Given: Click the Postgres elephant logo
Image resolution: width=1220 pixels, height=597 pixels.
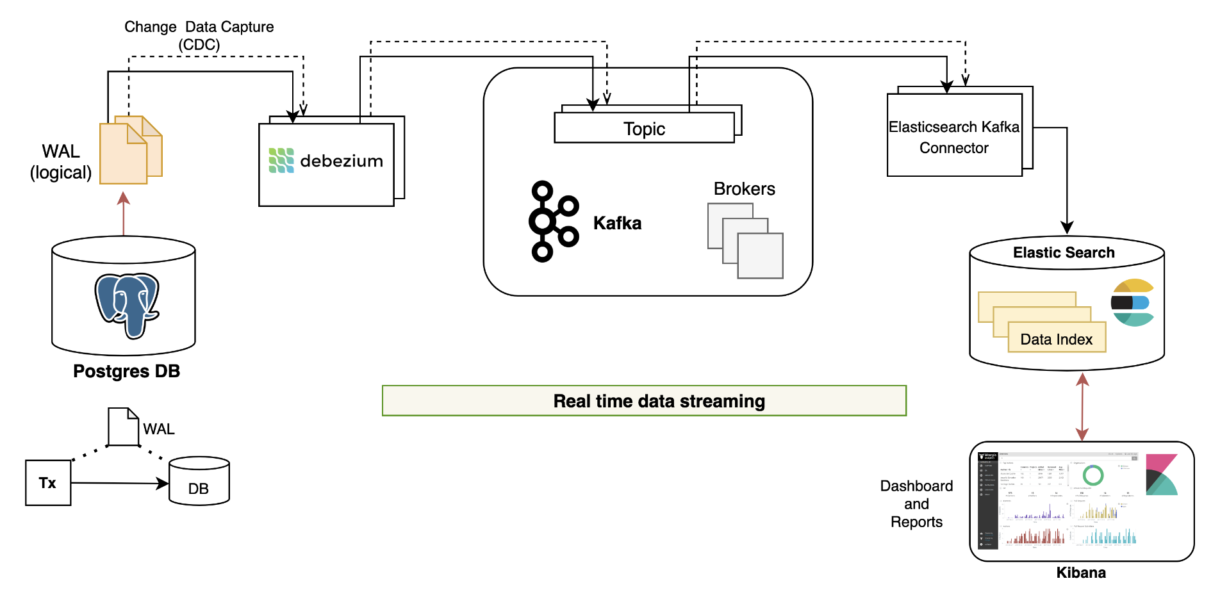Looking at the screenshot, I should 127,305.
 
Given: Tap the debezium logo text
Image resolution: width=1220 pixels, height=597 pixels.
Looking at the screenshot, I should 341,161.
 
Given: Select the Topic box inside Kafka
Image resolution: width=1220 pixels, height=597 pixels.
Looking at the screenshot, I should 644,128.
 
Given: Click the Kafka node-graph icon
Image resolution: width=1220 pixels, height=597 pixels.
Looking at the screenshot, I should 552,221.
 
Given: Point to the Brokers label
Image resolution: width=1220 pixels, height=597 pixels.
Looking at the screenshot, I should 744,189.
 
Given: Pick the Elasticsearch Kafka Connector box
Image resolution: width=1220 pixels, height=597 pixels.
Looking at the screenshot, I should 954,136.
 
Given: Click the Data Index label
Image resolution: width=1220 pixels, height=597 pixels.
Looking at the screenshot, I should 1056,339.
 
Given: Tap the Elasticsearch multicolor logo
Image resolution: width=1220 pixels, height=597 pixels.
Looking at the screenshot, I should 1132,302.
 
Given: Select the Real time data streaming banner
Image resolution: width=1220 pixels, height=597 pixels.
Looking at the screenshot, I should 644,401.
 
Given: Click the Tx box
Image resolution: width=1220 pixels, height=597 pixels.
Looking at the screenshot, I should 48,483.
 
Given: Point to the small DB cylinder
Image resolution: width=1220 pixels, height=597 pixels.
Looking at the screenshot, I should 199,482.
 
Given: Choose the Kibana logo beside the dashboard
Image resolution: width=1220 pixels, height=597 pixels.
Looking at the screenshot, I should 1161,475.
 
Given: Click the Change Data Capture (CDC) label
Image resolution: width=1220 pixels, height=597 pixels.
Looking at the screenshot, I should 199,35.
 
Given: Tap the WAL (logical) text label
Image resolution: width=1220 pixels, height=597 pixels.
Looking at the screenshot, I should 61,161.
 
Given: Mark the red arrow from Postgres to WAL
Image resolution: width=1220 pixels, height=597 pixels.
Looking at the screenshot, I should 124,215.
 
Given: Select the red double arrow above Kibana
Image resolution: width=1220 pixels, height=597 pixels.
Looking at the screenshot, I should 1082,407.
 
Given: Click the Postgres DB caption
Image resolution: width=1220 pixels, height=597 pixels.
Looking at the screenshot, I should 126,372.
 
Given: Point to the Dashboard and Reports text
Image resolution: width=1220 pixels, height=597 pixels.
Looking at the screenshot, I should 916,504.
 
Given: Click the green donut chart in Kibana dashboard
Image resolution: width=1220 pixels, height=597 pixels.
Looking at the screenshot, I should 1093,475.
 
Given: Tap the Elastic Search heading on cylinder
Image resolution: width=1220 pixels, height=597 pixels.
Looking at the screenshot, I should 1064,252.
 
